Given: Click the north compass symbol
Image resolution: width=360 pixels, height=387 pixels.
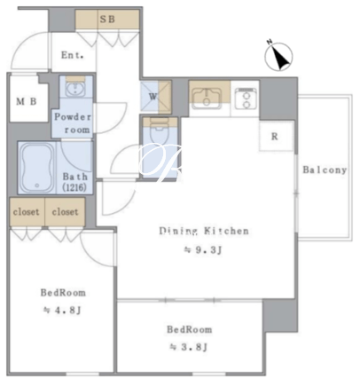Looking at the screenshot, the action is (278, 56).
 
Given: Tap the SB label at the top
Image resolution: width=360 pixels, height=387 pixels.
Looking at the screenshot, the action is (107, 20).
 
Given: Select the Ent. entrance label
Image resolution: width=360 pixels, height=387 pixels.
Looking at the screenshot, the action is (72, 55).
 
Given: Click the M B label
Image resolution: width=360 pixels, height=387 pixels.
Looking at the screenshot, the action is (27, 102).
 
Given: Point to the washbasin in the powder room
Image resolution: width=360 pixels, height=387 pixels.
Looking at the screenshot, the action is (75, 89).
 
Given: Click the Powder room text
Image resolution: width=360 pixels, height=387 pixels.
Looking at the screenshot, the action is (73, 123).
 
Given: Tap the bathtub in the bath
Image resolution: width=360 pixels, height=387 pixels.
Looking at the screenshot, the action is (36, 169).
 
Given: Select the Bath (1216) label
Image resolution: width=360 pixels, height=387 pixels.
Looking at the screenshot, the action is (74, 182).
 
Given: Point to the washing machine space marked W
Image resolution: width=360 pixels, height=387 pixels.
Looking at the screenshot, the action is (156, 97).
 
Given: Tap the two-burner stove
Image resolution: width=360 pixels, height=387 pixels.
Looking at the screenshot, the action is (246, 98).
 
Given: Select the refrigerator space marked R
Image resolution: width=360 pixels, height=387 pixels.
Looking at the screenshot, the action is (276, 136).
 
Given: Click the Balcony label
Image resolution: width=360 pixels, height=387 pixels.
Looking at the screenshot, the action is (325, 170).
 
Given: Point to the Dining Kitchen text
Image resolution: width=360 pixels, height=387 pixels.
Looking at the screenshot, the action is (204, 231).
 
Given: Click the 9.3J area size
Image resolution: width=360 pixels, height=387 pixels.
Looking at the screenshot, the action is (203, 250).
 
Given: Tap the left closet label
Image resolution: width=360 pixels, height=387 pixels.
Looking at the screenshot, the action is (26, 212).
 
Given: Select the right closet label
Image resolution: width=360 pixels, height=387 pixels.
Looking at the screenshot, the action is (65, 212).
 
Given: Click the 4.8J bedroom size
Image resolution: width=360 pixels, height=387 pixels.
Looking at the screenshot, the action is (62, 311).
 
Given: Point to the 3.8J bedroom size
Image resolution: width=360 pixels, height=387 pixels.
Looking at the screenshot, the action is (189, 347).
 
